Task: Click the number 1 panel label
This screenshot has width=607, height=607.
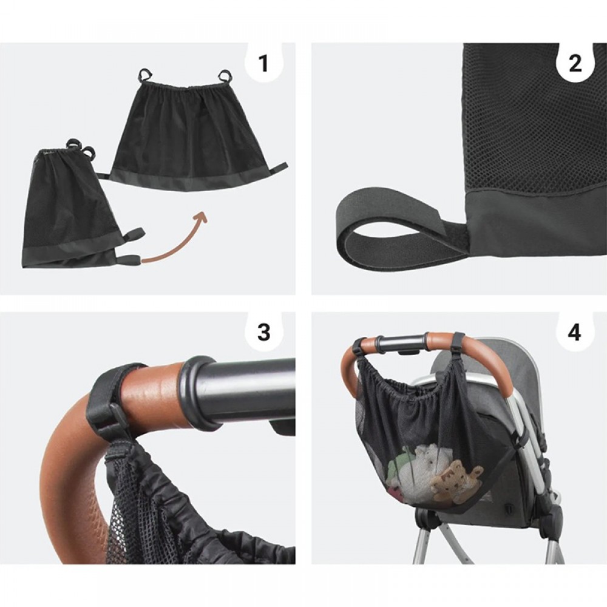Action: [x=263, y=64]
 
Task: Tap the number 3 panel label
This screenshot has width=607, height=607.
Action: [x=263, y=332]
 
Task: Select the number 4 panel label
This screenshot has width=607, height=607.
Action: [x=575, y=332]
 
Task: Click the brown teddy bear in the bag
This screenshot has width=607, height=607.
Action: [x=457, y=478]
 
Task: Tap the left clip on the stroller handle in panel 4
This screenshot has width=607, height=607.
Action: [x=360, y=347]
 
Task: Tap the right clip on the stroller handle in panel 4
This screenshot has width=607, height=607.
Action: [x=458, y=341]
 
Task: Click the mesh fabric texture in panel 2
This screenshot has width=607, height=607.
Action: [x=534, y=116]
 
